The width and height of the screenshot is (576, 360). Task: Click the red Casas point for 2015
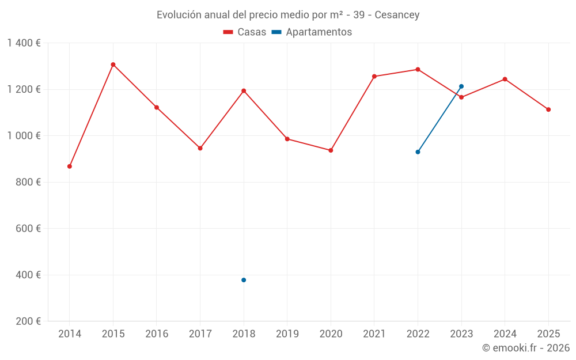pyautogui.click(x=113, y=65)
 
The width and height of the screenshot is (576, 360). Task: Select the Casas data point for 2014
pyautogui.click(x=70, y=166)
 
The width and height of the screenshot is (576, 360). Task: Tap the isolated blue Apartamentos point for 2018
pyautogui.click(x=244, y=280)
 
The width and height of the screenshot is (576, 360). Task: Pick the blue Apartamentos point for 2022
pyautogui.click(x=418, y=152)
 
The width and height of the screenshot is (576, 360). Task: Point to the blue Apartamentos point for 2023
pyautogui.click(x=461, y=86)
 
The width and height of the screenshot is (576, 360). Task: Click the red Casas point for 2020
pyautogui.click(x=331, y=150)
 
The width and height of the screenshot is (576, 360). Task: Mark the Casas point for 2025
pyautogui.click(x=548, y=109)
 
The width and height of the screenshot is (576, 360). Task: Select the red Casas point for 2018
pyautogui.click(x=244, y=90)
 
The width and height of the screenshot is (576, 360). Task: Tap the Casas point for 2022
pyautogui.click(x=418, y=69)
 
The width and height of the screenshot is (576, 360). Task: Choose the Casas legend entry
pyautogui.click(x=245, y=32)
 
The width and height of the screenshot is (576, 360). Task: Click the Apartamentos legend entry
pyautogui.click(x=312, y=32)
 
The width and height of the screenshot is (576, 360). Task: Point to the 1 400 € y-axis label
pyautogui.click(x=24, y=43)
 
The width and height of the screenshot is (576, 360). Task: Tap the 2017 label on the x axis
pyautogui.click(x=200, y=334)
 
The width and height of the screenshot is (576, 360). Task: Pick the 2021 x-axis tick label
pyautogui.click(x=374, y=334)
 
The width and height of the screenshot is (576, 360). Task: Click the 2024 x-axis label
pyautogui.click(x=505, y=334)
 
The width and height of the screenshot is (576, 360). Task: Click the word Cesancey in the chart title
pyautogui.click(x=397, y=14)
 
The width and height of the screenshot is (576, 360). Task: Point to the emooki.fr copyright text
pyautogui.click(x=526, y=348)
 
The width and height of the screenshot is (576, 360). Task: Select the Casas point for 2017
pyautogui.click(x=200, y=148)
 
